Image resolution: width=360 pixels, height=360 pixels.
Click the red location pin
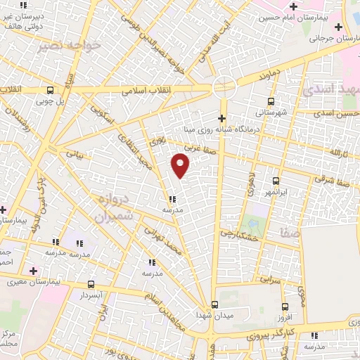coord(181,165)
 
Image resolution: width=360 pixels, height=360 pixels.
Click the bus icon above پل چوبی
coord(50,90)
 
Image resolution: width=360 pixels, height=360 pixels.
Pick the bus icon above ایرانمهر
coord(275,181)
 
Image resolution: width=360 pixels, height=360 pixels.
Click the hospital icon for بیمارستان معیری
coord(33,270)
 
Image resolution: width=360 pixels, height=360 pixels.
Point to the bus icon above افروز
coord(285,307)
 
